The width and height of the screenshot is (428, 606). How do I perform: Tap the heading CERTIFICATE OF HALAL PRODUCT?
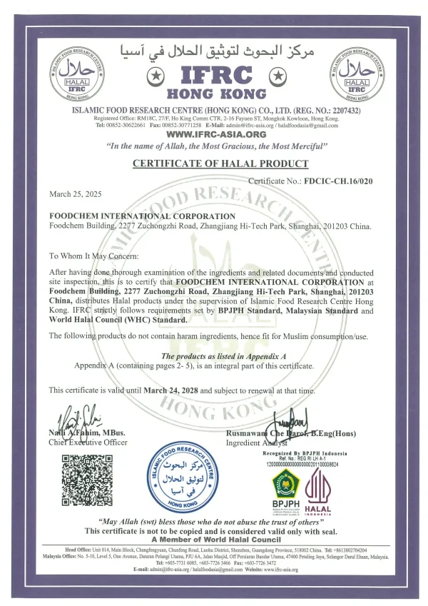pyautogui.click(x=220, y=164)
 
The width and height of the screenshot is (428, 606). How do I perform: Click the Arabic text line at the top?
pyautogui.click(x=214, y=51)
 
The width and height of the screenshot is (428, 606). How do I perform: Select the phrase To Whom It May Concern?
pyautogui.click(x=90, y=255)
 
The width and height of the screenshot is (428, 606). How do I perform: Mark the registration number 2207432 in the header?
pyautogui.click(x=343, y=111)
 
